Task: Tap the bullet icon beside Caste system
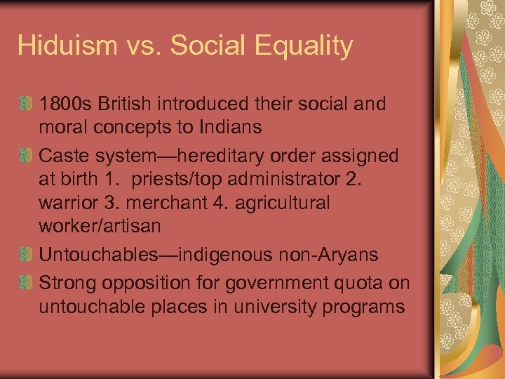point(25,155)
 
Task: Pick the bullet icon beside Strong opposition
point(25,283)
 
